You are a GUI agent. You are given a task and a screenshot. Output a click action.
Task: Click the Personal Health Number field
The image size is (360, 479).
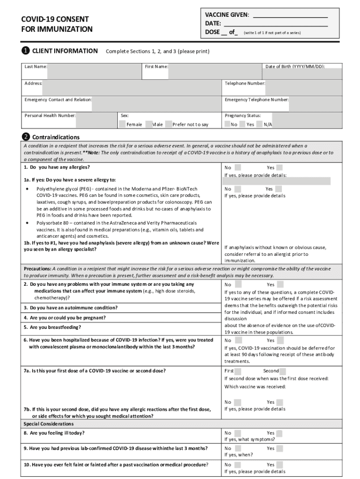click(95, 119)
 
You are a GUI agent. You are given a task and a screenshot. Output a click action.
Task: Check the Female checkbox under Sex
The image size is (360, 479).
click(122, 124)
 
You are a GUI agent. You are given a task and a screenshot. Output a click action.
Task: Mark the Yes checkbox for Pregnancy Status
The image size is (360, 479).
click(242, 124)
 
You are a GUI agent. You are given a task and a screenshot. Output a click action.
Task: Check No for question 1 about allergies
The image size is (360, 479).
click(238, 167)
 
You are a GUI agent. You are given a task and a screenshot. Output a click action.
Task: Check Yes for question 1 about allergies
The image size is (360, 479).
click(279, 167)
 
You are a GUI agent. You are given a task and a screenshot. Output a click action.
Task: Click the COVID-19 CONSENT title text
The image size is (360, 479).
click(55, 19)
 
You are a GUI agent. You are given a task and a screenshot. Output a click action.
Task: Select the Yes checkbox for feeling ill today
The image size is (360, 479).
click(279, 433)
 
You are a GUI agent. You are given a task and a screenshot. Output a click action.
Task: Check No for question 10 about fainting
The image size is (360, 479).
click(238, 464)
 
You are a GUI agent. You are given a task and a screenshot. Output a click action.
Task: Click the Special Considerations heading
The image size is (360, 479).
click(49, 424)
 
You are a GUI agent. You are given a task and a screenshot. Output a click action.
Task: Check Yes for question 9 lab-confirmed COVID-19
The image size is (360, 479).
click(279, 448)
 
